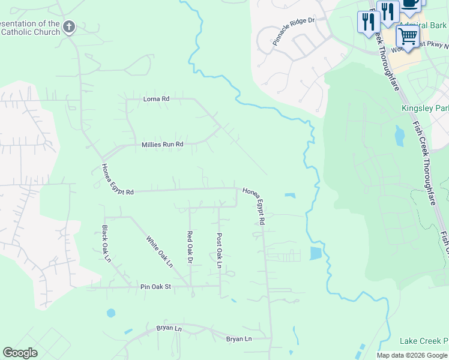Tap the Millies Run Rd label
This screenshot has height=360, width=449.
click(162, 145)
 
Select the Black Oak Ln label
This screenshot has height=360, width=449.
click(106, 244)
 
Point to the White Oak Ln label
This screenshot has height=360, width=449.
click(160, 251)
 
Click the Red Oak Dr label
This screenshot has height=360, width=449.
click(190, 247)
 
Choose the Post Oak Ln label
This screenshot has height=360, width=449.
click(220, 251)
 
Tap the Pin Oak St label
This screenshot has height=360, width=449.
click(156, 287)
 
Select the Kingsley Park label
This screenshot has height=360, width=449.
click(424, 109)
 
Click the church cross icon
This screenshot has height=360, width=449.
click(70, 26)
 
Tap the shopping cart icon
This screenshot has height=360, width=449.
click(408, 37)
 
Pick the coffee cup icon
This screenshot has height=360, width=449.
click(411, 3)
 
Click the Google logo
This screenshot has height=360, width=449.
click(20, 353)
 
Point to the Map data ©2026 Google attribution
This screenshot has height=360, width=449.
click(412, 355)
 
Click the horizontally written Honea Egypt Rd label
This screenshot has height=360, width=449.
click(113, 192)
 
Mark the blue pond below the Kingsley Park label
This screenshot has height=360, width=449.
click(399, 136)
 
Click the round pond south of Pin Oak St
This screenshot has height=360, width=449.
click(110, 313)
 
